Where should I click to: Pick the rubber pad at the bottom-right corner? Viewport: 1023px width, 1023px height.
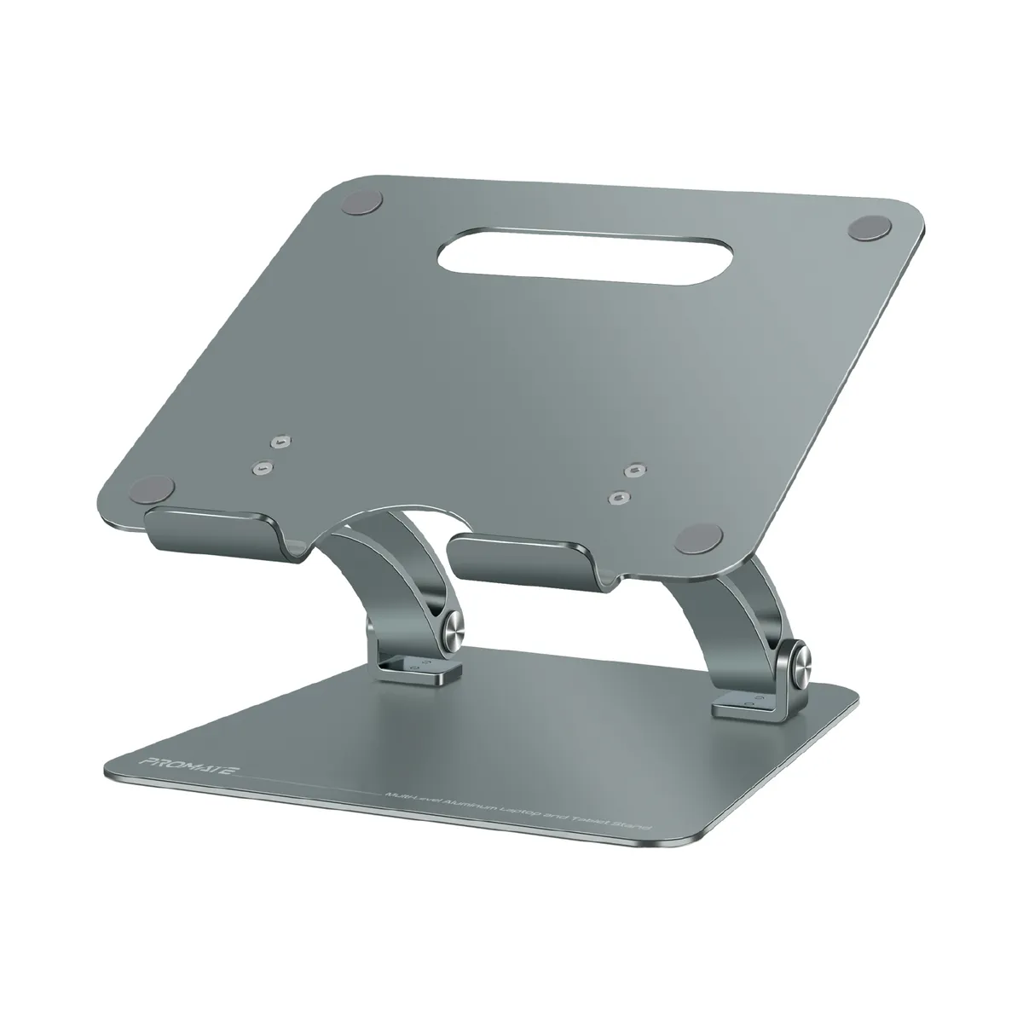(x=696, y=539)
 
